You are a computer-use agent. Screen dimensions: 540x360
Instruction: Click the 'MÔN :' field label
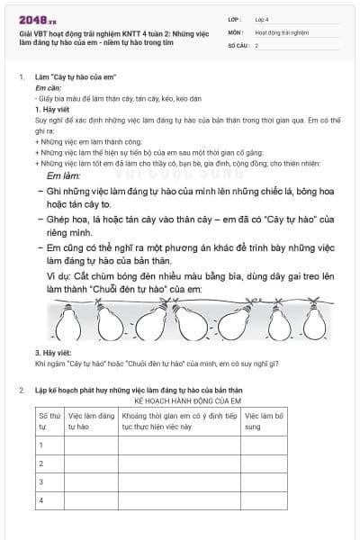236,31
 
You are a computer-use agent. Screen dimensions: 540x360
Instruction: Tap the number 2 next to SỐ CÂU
257,44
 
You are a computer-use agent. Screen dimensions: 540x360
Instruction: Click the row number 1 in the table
41,445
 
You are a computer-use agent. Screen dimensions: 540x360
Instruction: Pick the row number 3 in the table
41,481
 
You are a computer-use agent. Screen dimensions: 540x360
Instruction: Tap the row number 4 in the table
41,499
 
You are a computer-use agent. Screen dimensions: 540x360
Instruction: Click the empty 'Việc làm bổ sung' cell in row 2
267,463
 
